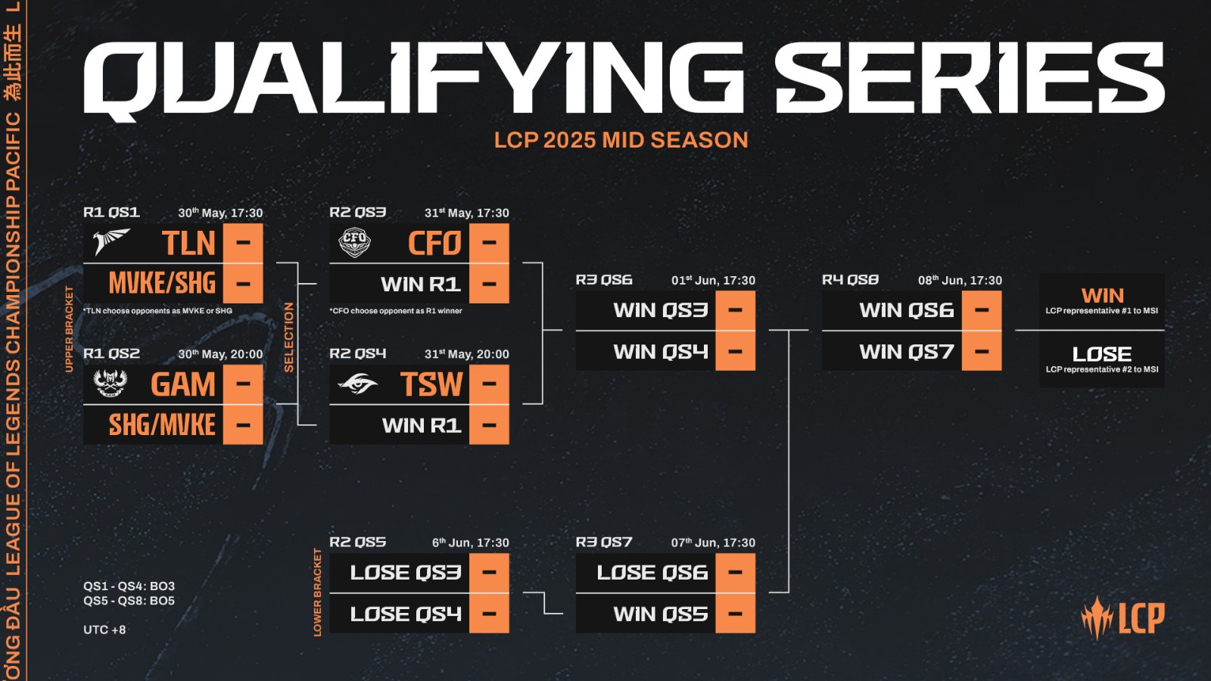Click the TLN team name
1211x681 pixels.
(188, 244)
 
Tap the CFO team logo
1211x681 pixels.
(354, 243)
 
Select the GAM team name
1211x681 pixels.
(183, 384)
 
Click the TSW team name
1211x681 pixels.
(431, 384)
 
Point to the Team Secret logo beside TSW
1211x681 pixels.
(358, 384)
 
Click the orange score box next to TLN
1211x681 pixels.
(243, 244)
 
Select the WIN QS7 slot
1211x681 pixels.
(906, 352)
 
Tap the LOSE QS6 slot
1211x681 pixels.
(652, 573)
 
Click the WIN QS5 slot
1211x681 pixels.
(660, 614)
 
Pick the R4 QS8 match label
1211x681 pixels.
(850, 280)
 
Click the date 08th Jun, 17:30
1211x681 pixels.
(960, 280)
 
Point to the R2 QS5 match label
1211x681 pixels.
(357, 543)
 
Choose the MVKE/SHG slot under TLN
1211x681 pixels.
(162, 284)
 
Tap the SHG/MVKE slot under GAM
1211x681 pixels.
(162, 425)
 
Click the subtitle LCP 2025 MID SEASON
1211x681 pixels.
(621, 140)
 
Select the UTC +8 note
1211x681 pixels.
(104, 630)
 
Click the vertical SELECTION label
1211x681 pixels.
(288, 337)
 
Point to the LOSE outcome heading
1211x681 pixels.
(1102, 354)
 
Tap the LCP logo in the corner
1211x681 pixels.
(1122, 618)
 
